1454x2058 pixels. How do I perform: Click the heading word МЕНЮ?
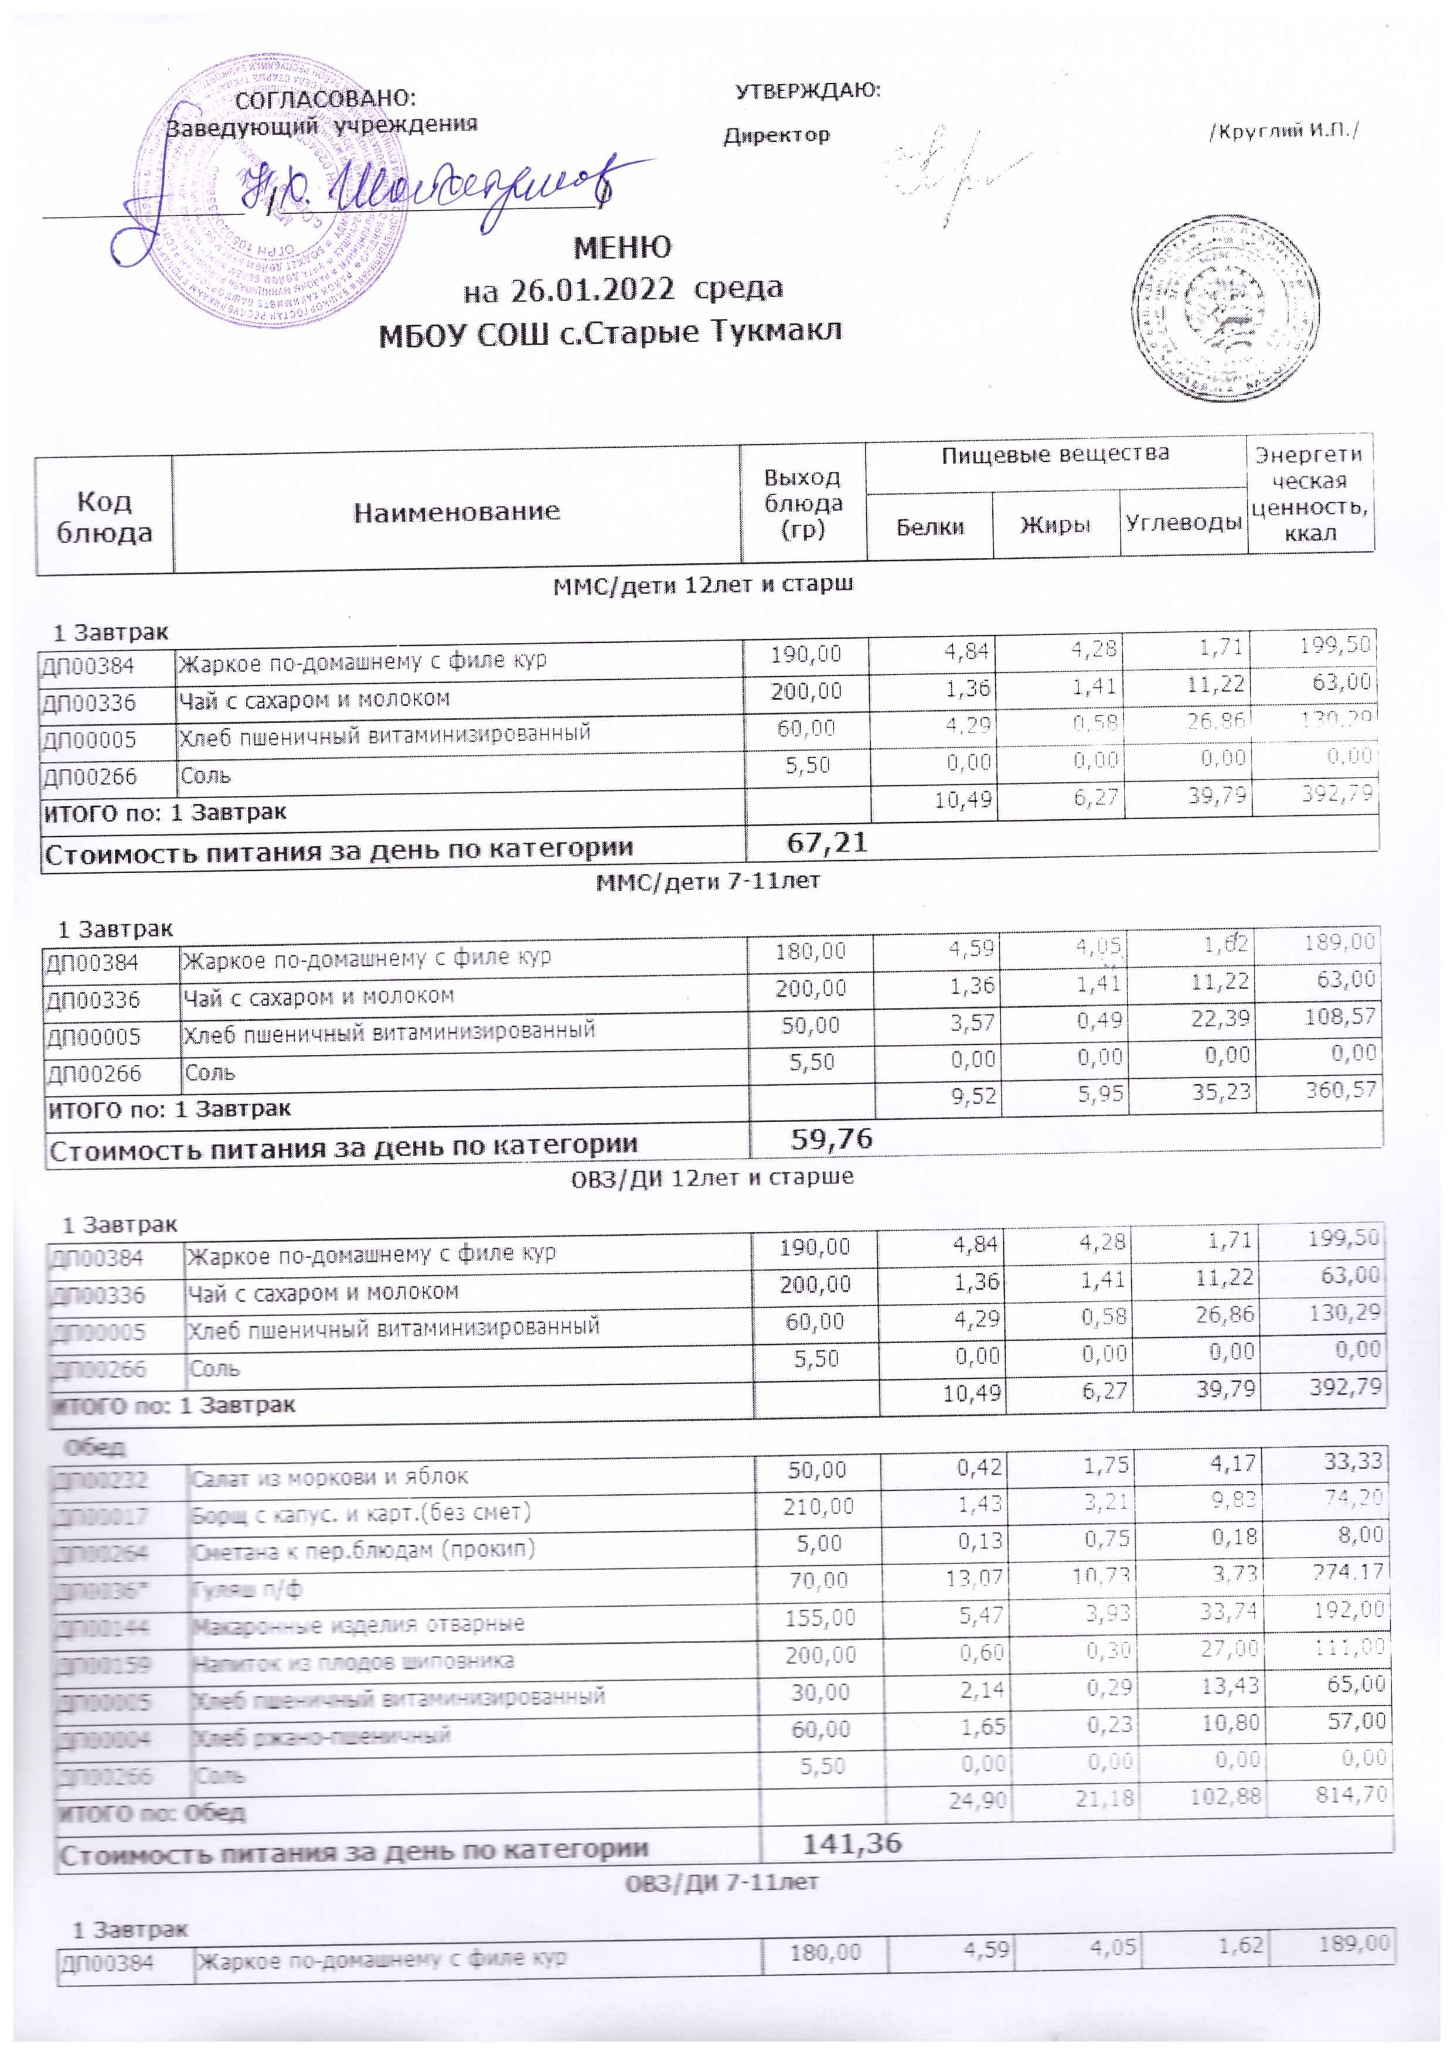pyautogui.click(x=622, y=247)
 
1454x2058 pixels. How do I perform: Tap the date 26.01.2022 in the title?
pyautogui.click(x=592, y=289)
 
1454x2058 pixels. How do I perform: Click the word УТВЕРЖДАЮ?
pyautogui.click(x=808, y=90)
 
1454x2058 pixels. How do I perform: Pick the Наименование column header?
pyautogui.click(x=457, y=512)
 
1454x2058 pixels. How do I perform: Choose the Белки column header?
pyautogui.click(x=929, y=527)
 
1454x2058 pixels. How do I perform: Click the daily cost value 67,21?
pyautogui.click(x=826, y=843)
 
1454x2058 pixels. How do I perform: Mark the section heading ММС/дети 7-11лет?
pyautogui.click(x=707, y=882)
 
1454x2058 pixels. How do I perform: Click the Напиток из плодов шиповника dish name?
pyautogui.click(x=354, y=1662)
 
